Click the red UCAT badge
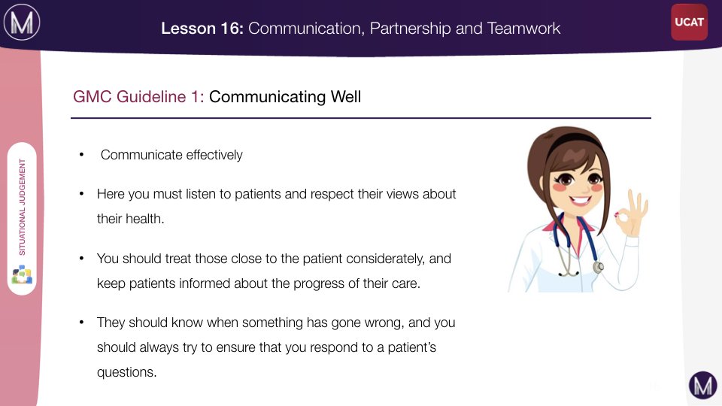689,22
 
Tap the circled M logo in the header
22,22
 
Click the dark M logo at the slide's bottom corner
702,385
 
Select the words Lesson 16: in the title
202,29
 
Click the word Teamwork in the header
523,29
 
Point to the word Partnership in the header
411,29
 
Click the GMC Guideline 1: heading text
138,97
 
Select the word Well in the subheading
346,97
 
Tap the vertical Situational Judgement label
22,208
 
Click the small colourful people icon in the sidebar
22,274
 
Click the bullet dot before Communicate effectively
81,155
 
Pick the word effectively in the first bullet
214,155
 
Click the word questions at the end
126,372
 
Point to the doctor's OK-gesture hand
632,213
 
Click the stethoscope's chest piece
598,267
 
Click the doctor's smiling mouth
579,200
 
